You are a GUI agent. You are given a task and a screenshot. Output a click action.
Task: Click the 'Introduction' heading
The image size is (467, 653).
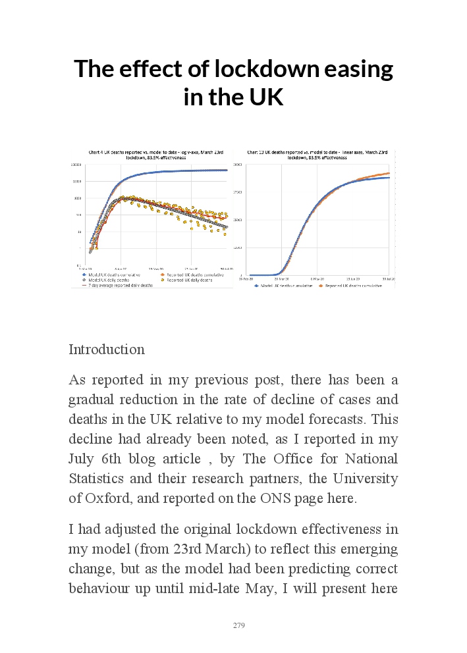107,350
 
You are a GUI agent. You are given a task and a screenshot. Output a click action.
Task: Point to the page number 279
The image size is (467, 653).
239,625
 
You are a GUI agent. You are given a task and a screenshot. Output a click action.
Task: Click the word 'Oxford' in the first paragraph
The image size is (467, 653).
107,498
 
